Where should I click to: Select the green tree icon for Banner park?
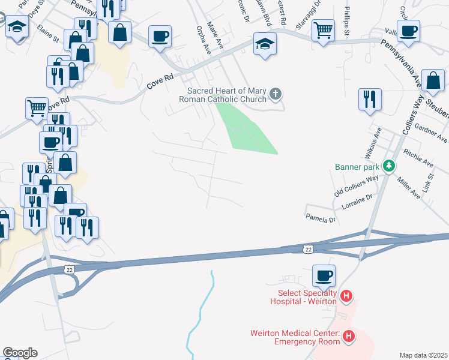[x=389, y=165]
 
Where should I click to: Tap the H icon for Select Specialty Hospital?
[x=346, y=296]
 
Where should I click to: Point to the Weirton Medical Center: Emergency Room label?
[x=295, y=337]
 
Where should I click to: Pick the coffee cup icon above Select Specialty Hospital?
[x=324, y=276]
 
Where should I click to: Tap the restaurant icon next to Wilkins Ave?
[x=370, y=98]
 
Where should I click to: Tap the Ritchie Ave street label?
[x=418, y=158]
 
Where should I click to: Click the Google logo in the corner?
[x=20, y=353]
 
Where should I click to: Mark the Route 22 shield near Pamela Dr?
[x=307, y=248]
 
